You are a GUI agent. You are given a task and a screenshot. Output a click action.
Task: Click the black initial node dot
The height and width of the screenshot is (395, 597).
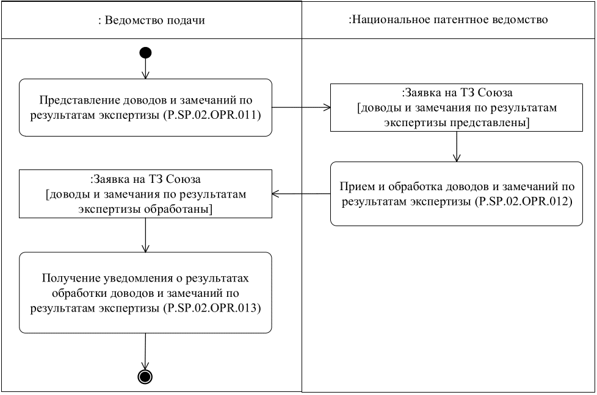[145, 53]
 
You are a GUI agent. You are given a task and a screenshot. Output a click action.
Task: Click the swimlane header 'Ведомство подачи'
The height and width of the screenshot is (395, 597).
[151, 21]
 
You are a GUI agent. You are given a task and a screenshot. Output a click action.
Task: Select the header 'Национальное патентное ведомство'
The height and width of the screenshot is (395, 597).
[448, 20]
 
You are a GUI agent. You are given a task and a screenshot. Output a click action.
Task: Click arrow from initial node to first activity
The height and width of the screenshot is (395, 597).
[145, 68]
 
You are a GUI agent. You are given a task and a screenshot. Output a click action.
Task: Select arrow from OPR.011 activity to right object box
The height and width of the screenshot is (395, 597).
[300, 109]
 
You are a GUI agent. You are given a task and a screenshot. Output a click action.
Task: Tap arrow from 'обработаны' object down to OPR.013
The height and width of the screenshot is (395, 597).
[145, 235]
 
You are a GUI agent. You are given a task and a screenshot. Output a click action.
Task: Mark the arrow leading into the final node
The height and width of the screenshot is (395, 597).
[145, 352]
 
